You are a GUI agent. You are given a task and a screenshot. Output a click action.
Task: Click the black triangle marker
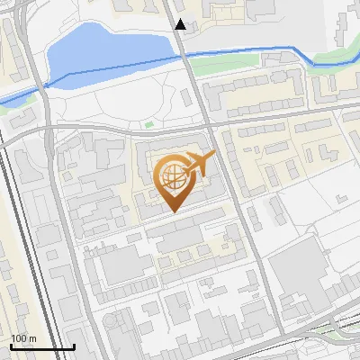(x=181, y=24)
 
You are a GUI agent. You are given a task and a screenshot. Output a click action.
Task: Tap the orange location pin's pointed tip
(x=173, y=211)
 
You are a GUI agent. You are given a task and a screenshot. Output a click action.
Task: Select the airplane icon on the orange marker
(x=199, y=164)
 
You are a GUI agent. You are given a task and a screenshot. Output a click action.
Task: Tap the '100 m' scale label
(x=23, y=338)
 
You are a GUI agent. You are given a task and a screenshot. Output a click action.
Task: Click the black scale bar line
(x=42, y=347)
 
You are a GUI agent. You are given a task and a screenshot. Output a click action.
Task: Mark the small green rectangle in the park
(x=149, y=123)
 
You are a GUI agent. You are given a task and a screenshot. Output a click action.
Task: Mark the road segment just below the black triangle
(x=183, y=43)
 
